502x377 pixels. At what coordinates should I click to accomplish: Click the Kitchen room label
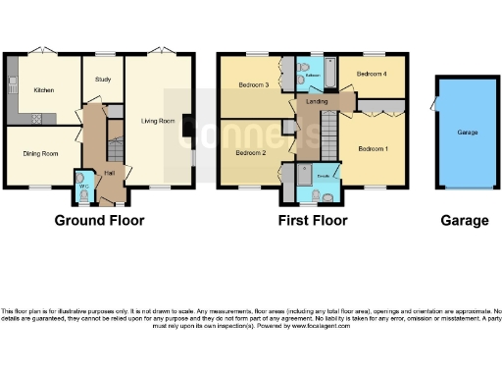tap(44, 90)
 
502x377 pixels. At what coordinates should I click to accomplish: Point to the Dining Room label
tap(40, 154)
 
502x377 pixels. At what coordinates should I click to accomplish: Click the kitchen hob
tap(37, 119)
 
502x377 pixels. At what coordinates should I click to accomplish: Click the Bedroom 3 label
tap(253, 84)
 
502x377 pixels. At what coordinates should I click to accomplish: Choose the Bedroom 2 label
tap(251, 153)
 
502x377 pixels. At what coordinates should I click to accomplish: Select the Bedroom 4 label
tap(373, 75)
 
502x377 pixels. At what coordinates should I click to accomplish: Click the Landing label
tap(317, 101)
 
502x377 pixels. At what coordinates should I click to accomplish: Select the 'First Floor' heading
tap(313, 220)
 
